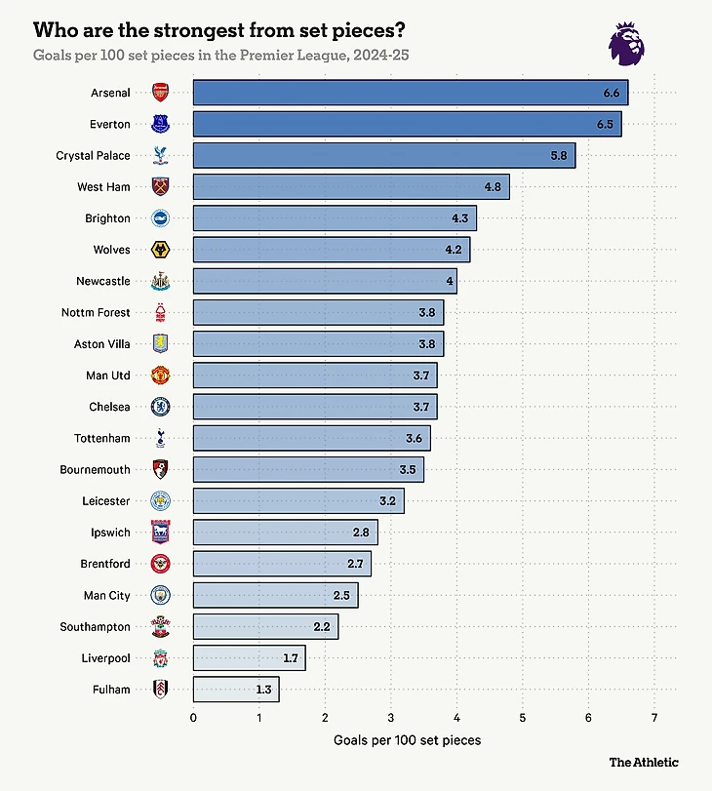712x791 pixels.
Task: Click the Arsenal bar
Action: pyautogui.click(x=410, y=93)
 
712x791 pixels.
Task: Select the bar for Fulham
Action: pyautogui.click(x=236, y=690)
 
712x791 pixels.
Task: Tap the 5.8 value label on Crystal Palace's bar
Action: pyautogui.click(x=558, y=155)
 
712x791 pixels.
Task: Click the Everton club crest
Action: pyautogui.click(x=160, y=124)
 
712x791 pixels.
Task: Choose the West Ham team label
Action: pyautogui.click(x=103, y=186)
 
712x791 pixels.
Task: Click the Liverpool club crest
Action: pyautogui.click(x=160, y=658)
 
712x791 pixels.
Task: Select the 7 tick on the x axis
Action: pyautogui.click(x=654, y=719)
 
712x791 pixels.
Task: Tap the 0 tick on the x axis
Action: pyautogui.click(x=193, y=719)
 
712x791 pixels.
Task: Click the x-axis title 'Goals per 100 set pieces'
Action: pyautogui.click(x=407, y=740)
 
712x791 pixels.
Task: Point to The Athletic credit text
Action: pyautogui.click(x=644, y=762)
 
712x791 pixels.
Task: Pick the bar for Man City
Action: pyautogui.click(x=275, y=595)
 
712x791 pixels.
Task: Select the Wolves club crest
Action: pyautogui.click(x=160, y=250)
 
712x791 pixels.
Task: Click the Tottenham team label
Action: pyautogui.click(x=101, y=438)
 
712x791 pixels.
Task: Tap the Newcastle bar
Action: pyautogui.click(x=325, y=281)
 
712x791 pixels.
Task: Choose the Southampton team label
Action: pyautogui.click(x=95, y=626)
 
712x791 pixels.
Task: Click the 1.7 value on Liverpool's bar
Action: pyautogui.click(x=291, y=658)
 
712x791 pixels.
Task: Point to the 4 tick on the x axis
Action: pyautogui.click(x=456, y=719)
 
